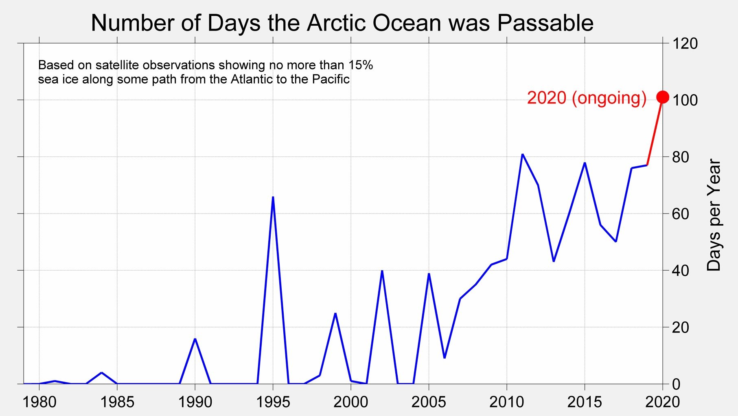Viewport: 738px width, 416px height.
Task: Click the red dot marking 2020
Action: pyautogui.click(x=663, y=97)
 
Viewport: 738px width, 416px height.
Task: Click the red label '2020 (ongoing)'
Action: pyautogui.click(x=587, y=98)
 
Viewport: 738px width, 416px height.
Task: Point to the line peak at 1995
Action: pyautogui.click(x=273, y=197)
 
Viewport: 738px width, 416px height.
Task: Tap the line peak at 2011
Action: pyautogui.click(x=522, y=154)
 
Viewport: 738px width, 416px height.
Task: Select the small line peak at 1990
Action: pyautogui.click(x=195, y=339)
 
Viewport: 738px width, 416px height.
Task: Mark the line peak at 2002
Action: pyautogui.click(x=382, y=271)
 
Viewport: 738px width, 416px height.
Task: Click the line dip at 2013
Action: pyautogui.click(x=554, y=261)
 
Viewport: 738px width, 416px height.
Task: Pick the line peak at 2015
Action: pyautogui.click(x=585, y=163)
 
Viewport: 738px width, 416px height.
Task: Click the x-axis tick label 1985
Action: pyautogui.click(x=117, y=402)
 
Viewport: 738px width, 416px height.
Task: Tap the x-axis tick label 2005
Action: pyautogui.click(x=429, y=402)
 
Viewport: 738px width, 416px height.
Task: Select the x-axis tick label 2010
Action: pyautogui.click(x=507, y=402)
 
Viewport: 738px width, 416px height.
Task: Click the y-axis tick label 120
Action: pyautogui.click(x=685, y=43)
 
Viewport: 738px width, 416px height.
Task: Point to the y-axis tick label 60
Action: pyautogui.click(x=681, y=214)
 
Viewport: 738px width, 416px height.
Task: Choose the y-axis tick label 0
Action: pyautogui.click(x=676, y=384)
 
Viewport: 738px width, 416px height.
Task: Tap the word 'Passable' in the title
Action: pyautogui.click(x=545, y=23)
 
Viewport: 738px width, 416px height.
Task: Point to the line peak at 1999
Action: pyautogui.click(x=335, y=313)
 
